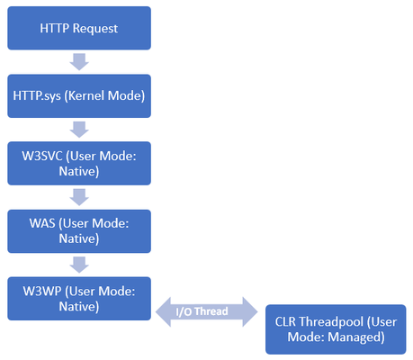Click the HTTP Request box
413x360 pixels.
[x=79, y=28]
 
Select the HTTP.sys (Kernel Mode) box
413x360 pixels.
[x=79, y=96]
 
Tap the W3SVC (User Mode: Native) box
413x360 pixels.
[x=79, y=163]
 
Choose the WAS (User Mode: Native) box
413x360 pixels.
[x=79, y=231]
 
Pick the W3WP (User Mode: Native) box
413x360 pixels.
[x=79, y=299]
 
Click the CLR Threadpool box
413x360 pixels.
[x=336, y=329]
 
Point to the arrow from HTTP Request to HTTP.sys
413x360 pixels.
[x=79, y=62]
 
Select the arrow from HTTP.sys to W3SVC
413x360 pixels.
[x=79, y=130]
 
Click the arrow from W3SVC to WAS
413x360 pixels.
[x=79, y=197]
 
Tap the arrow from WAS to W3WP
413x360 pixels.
[x=79, y=265]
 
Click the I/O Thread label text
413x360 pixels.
[x=202, y=311]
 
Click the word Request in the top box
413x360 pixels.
[x=95, y=29]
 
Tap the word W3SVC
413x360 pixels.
[x=42, y=156]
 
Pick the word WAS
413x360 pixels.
[x=42, y=223]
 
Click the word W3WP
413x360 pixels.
[x=42, y=292]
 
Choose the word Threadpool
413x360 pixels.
[x=331, y=322]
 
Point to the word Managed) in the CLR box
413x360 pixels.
[x=356, y=337]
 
